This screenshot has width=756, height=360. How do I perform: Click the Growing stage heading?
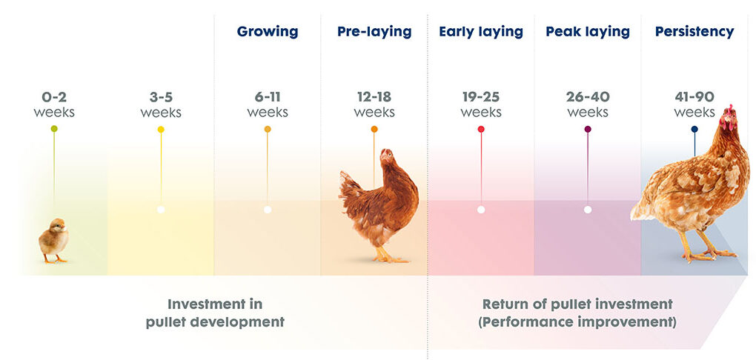pos(268,33)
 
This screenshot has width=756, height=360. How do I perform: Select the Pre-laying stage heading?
pos(374,33)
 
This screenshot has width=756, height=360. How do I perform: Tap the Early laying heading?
pos(481,33)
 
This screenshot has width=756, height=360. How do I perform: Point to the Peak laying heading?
pos(588,33)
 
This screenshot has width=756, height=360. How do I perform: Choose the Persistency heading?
pos(694,33)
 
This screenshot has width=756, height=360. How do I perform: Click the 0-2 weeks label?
pos(54,104)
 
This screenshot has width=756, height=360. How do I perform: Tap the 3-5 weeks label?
pos(161,104)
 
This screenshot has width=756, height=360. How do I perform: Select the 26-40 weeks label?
pos(588,104)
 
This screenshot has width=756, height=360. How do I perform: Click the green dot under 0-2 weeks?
pos(54,129)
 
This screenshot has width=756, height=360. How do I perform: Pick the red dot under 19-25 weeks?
pos(481,129)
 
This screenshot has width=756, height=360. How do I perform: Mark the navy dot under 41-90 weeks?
pos(694,129)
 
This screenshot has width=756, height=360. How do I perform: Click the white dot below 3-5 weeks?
pos(161,210)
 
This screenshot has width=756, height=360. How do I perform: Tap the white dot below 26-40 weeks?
pos(588,210)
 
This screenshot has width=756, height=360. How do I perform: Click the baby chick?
pos(53,240)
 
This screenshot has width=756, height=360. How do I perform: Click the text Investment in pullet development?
pos(215,313)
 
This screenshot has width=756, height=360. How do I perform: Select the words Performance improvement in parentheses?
pos(577,322)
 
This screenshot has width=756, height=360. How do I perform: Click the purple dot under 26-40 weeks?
pos(588,129)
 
